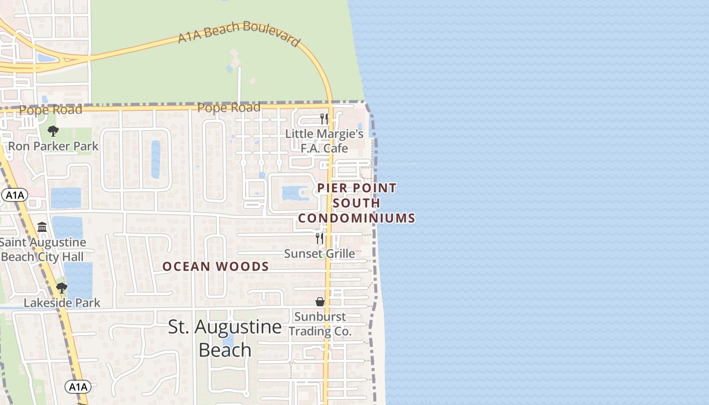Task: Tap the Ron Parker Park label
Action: (53, 147)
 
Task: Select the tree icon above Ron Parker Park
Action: (53, 132)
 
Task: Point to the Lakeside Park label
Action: (62, 303)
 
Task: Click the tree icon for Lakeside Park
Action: (62, 288)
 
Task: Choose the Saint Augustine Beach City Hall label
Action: (43, 250)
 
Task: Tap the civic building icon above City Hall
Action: (42, 227)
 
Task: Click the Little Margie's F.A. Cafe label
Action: (324, 141)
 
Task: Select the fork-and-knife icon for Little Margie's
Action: (324, 119)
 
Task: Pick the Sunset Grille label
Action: (319, 253)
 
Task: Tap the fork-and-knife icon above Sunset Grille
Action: (319, 238)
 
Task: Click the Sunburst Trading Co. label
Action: (320, 324)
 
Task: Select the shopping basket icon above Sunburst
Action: (320, 302)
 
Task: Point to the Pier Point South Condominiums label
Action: (357, 203)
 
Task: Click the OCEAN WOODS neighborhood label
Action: (215, 266)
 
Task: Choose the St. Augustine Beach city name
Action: (225, 338)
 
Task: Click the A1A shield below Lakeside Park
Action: (78, 387)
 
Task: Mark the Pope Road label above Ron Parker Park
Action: (51, 110)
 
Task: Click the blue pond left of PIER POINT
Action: (291, 193)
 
